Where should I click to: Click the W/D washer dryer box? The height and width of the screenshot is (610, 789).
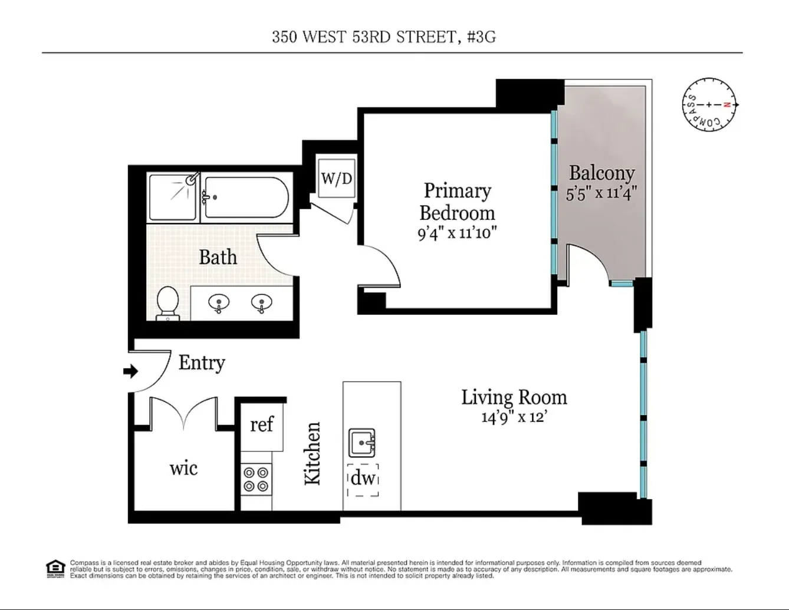click(337, 178)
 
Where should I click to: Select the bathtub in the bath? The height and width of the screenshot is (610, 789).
click(245, 199)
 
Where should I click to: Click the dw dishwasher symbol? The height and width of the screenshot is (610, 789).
click(363, 479)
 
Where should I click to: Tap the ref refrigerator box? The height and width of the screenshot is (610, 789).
click(261, 424)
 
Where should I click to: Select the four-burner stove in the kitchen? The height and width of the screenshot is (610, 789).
click(256, 479)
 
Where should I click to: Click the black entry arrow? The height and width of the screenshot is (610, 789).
click(130, 371)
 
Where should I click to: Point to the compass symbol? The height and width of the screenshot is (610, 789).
click(710, 105)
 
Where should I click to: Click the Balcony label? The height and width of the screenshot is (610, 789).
click(601, 173)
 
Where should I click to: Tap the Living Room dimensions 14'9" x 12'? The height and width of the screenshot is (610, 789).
click(514, 418)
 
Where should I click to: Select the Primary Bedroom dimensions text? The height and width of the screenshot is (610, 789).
click(457, 233)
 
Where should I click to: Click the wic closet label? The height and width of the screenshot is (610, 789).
click(183, 469)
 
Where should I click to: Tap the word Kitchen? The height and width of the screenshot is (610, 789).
click(312, 453)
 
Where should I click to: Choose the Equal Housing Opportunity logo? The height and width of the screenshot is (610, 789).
click(55, 568)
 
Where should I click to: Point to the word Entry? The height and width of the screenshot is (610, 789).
click(202, 362)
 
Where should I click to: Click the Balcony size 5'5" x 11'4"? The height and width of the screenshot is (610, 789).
click(601, 193)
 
